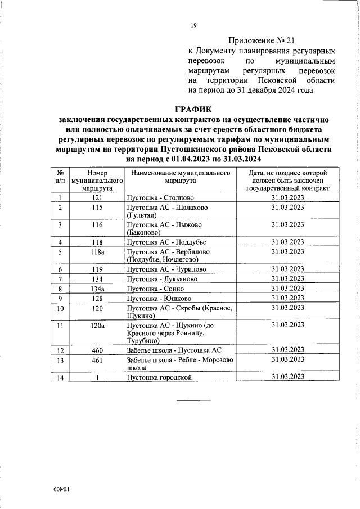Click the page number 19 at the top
[x=193, y=25]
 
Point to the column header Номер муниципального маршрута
[x=97, y=181]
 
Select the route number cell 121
[x=97, y=197]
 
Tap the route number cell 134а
[x=97, y=289]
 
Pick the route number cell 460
[x=97, y=350]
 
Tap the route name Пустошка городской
[x=160, y=377]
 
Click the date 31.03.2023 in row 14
[x=287, y=376]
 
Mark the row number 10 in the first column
[x=60, y=308]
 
